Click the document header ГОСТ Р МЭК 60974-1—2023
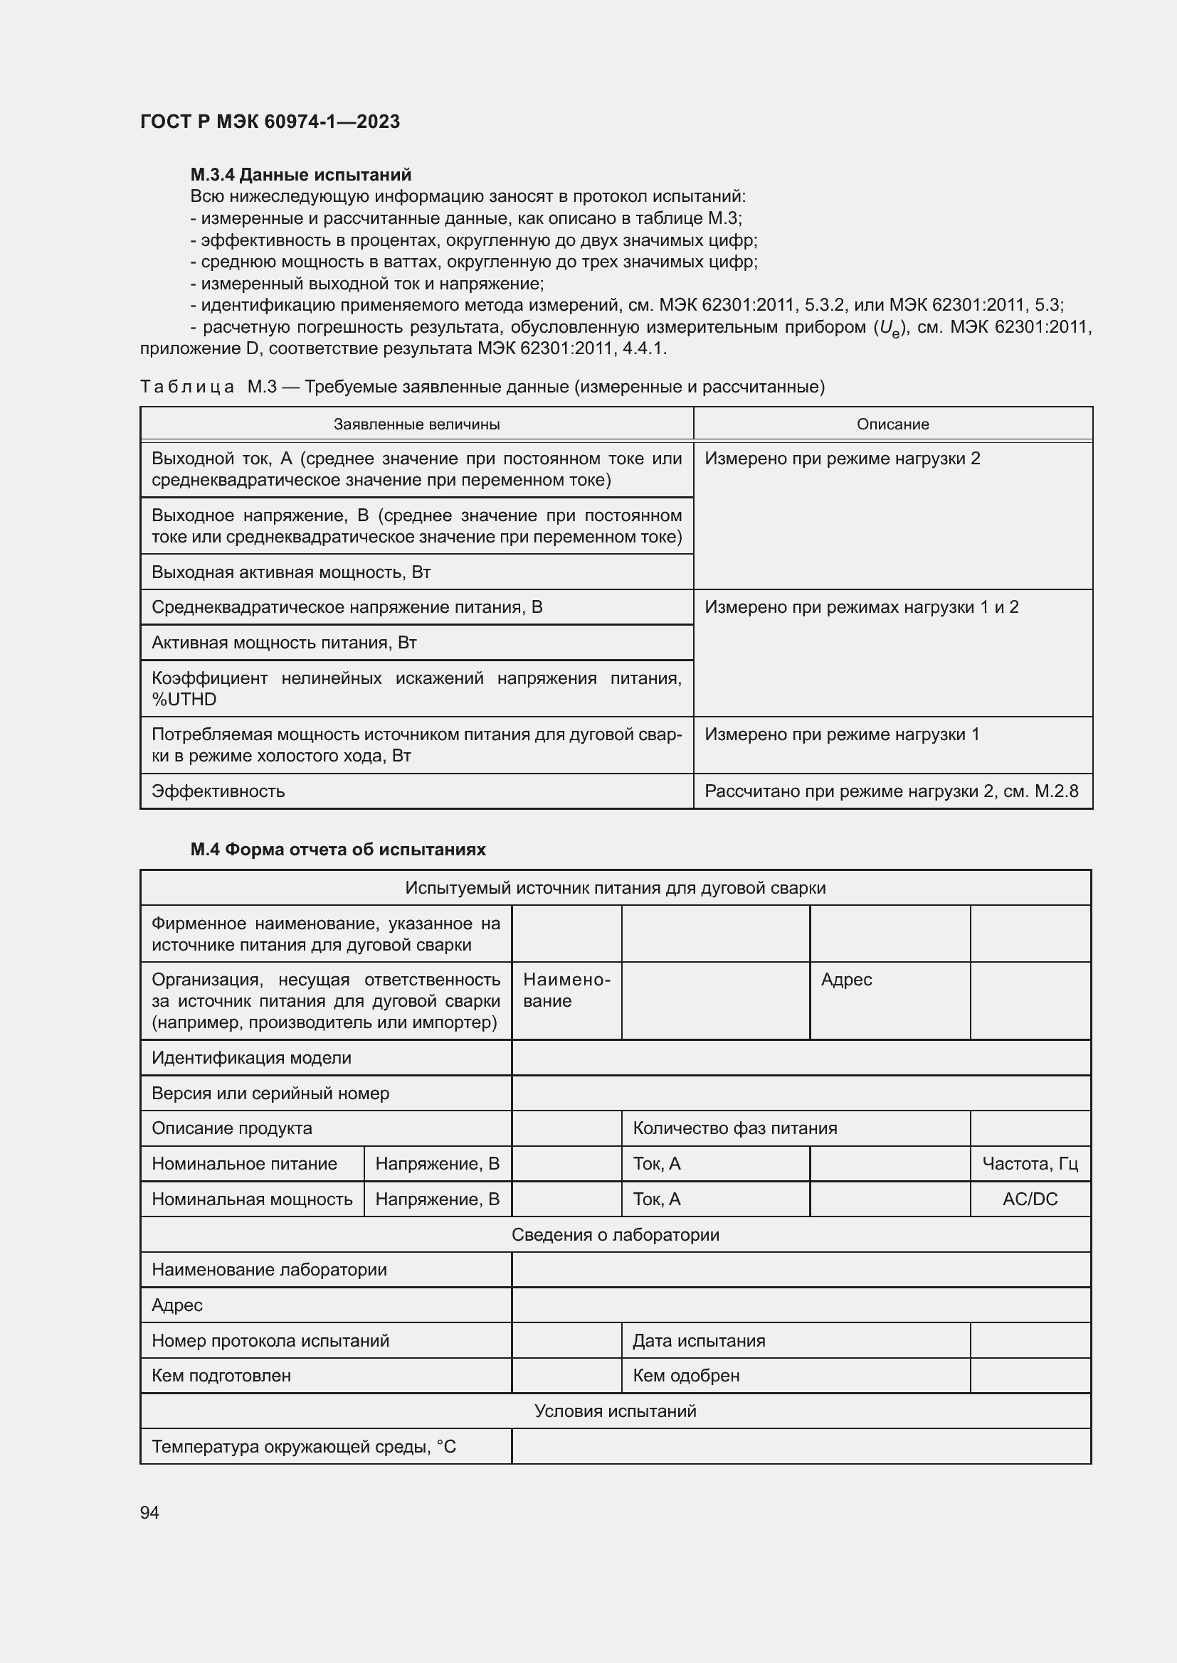(270, 122)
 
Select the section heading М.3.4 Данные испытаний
(301, 175)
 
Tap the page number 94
(149, 1512)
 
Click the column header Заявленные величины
(416, 424)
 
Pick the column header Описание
(892, 424)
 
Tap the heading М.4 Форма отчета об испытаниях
(338, 849)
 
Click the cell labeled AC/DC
(1029, 1199)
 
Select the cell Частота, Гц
(1029, 1163)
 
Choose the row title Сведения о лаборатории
(615, 1234)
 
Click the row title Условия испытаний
(615, 1411)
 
